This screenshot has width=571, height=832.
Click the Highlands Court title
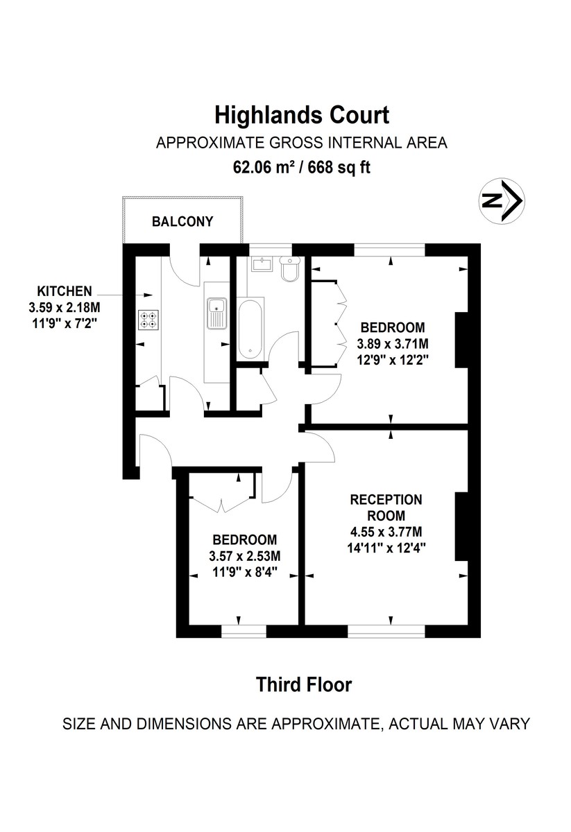301,114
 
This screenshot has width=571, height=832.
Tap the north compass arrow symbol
502,201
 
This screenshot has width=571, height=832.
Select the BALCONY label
182,222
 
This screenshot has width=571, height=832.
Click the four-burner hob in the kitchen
148,320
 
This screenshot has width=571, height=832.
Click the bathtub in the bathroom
250,329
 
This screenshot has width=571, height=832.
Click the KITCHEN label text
65,291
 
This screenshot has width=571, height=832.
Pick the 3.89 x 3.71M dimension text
392,343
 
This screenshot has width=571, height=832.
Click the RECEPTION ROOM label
386,508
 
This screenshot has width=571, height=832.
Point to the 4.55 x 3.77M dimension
386,532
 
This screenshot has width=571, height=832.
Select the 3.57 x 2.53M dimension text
245,556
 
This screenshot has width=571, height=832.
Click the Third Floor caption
304,685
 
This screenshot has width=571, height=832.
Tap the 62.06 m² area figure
263,167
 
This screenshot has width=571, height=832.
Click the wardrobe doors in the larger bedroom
340,323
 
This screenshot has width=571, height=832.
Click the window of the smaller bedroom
244,630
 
